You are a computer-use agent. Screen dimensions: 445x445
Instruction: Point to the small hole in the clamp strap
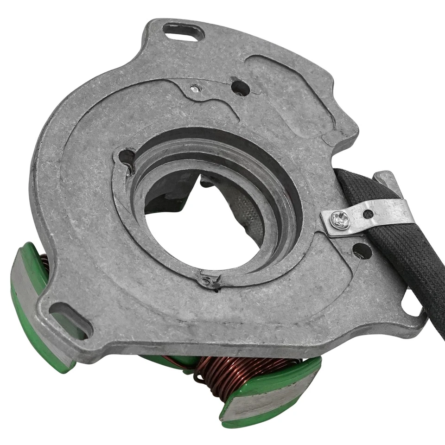[x=368, y=214]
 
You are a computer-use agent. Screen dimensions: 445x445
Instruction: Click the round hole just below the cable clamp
[x=362, y=251]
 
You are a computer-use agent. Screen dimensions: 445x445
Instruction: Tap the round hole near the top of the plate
[x=240, y=88]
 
